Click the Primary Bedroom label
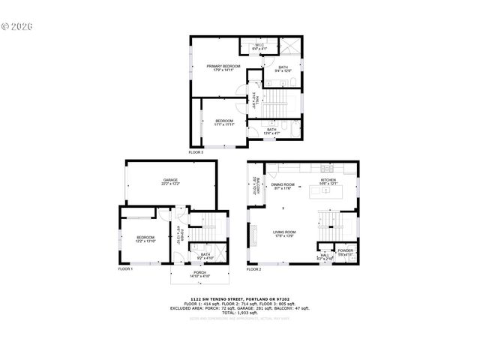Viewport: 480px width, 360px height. [223, 68]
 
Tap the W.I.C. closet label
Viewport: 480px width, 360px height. [259, 47]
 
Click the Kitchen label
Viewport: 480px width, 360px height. [329, 181]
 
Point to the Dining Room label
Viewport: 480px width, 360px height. [283, 185]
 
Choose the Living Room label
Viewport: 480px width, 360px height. [284, 233]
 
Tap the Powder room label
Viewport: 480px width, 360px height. [345, 252]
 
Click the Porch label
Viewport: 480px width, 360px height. [199, 274]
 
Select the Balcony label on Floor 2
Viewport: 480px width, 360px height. [255, 185]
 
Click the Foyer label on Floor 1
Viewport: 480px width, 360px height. [179, 235]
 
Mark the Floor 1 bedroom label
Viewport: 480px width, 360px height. [145, 239]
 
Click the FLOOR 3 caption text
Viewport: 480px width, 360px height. [196, 152]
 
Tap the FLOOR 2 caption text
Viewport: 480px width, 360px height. [254, 268]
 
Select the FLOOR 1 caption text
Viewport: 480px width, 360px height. [125, 268]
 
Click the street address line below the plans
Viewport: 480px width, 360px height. [240, 297]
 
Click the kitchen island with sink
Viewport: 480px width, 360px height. [328, 191]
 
